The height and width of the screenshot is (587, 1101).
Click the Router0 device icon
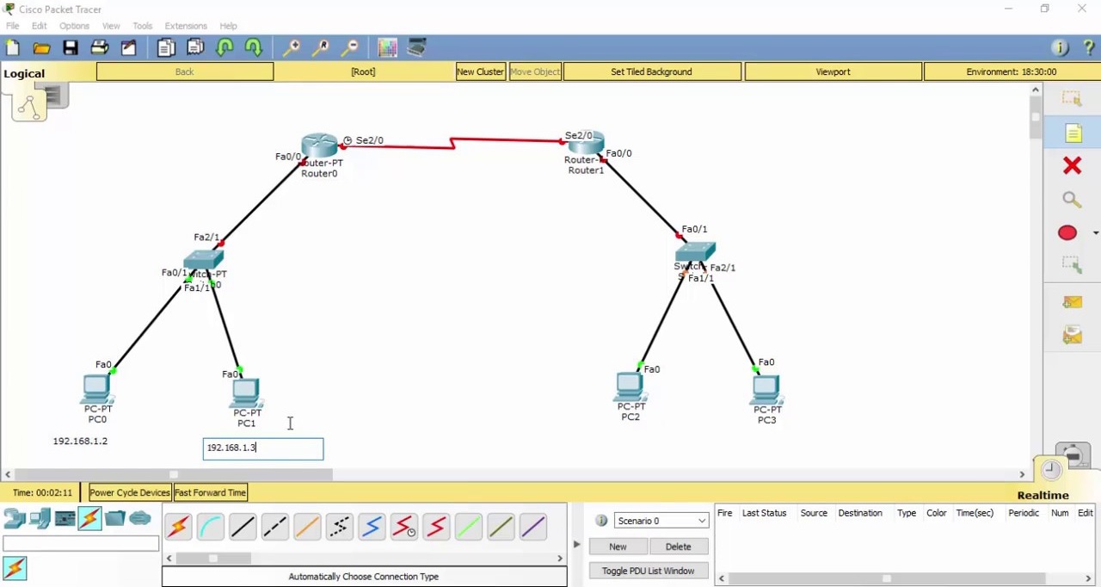(x=319, y=145)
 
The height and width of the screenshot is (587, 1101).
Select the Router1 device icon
(x=586, y=143)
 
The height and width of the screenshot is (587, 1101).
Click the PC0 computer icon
(x=96, y=389)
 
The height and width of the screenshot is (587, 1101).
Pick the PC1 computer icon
(x=246, y=392)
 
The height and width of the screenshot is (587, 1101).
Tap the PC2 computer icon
(x=630, y=386)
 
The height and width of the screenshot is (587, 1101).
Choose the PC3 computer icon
(x=766, y=390)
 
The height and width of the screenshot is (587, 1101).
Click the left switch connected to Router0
(x=203, y=259)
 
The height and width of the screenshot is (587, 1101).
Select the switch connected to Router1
(x=695, y=252)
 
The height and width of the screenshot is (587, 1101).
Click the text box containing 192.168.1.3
(x=263, y=448)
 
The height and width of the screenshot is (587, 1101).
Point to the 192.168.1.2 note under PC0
(x=80, y=441)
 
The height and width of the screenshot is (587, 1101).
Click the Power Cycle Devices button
(x=130, y=492)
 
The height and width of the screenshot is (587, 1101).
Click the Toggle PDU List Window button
(x=648, y=571)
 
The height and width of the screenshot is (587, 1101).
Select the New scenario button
(x=618, y=547)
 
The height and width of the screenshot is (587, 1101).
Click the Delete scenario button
(x=678, y=547)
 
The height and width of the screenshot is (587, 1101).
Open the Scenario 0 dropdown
(x=661, y=521)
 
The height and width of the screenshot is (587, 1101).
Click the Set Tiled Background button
(x=651, y=71)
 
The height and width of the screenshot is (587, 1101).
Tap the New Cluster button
(x=480, y=71)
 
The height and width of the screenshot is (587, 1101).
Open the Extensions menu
(x=186, y=26)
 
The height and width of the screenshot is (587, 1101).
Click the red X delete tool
(x=1072, y=165)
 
